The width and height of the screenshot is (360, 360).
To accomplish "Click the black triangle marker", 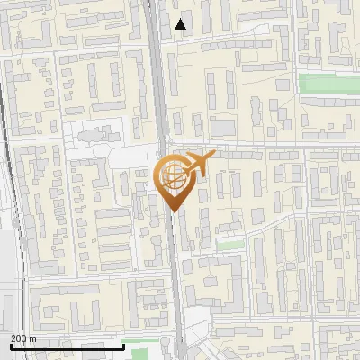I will [181, 24].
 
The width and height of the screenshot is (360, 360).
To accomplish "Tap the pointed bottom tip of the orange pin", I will [174, 211].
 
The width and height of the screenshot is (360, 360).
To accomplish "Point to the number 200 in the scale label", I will [18, 338].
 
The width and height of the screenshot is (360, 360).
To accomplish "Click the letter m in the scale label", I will [32, 338].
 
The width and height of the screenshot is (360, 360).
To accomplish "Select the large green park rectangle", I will [328, 83].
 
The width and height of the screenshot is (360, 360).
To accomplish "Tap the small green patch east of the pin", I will [231, 245].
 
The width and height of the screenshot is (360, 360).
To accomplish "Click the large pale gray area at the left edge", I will [7, 270].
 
